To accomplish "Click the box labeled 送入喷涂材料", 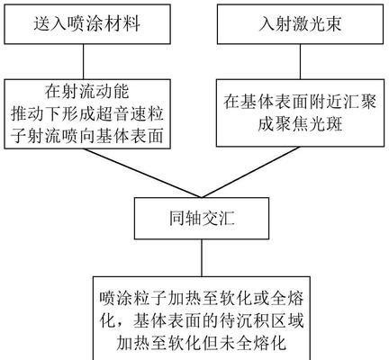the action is [87, 24].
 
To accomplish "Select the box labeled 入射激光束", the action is [300, 24].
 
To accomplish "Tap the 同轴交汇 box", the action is [202, 218].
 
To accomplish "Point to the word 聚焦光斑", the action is [300, 124].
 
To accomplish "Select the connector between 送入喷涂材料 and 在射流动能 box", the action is [84, 62].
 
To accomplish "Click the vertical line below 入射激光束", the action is [300, 62].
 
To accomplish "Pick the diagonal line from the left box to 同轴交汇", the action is [142, 173].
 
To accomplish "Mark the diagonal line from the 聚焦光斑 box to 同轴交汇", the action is [250, 172].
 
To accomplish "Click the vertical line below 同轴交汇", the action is [202, 258].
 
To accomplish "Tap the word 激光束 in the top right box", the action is [318, 24].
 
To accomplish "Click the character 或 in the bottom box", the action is [261, 298].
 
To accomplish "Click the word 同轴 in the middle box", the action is [184, 218].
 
